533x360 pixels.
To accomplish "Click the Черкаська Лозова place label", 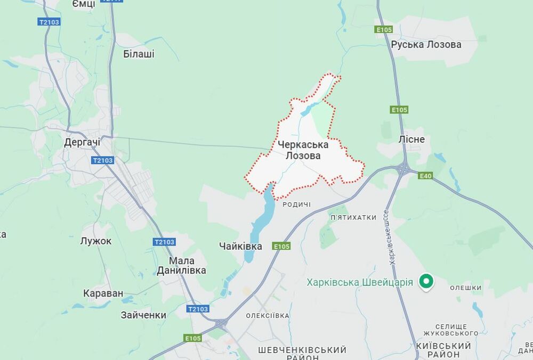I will tap(303, 150).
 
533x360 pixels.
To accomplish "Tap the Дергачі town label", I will tap(82, 142).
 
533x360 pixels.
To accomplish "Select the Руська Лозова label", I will tap(426, 45).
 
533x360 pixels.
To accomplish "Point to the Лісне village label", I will tap(411, 140).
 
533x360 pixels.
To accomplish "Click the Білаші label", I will tap(139, 54).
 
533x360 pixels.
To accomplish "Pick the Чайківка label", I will tap(240, 246).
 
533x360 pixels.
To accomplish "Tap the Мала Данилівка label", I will tap(181, 266).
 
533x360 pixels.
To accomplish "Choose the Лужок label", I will tap(96, 241).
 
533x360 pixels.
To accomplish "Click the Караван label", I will tap(103, 293).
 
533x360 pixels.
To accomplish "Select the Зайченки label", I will tap(143, 315).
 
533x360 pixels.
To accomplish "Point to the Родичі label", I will tap(296, 205).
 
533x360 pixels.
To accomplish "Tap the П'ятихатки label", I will tap(353, 217).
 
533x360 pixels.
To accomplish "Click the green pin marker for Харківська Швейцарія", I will tap(425, 281).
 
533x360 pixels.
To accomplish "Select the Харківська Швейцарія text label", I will tap(360, 282).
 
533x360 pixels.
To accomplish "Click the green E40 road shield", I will tap(425, 176).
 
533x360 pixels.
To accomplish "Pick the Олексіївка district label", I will tap(268, 316).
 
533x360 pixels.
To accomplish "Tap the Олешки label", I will tap(465, 288).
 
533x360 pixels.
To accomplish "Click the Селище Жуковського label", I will tap(450, 330).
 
